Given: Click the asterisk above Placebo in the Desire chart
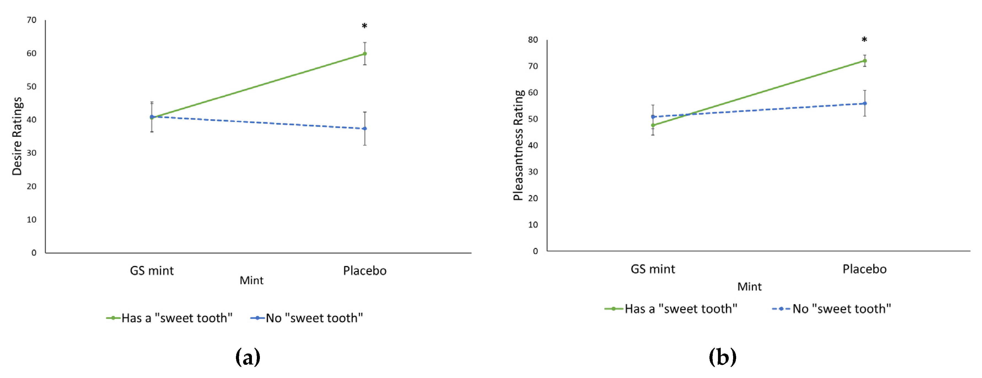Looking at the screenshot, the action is [x=364, y=26].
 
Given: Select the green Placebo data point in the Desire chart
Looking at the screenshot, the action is [x=365, y=54].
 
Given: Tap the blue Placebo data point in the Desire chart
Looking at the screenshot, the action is [x=365, y=129].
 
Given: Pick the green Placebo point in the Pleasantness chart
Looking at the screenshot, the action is [x=865, y=61].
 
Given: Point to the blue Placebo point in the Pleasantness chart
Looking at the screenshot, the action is [x=865, y=104].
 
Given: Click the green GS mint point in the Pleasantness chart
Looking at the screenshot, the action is [x=653, y=125].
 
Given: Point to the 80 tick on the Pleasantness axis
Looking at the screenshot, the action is [x=533, y=40].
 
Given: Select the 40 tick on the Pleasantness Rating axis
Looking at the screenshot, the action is [x=533, y=145].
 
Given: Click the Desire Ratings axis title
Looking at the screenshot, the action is [x=17, y=136].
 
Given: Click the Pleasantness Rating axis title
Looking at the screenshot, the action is [x=518, y=145].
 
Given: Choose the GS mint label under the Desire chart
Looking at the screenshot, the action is [x=152, y=271].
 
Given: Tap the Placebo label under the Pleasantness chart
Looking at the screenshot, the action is [x=865, y=269].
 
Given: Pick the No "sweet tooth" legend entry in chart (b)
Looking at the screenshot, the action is [x=832, y=309].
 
